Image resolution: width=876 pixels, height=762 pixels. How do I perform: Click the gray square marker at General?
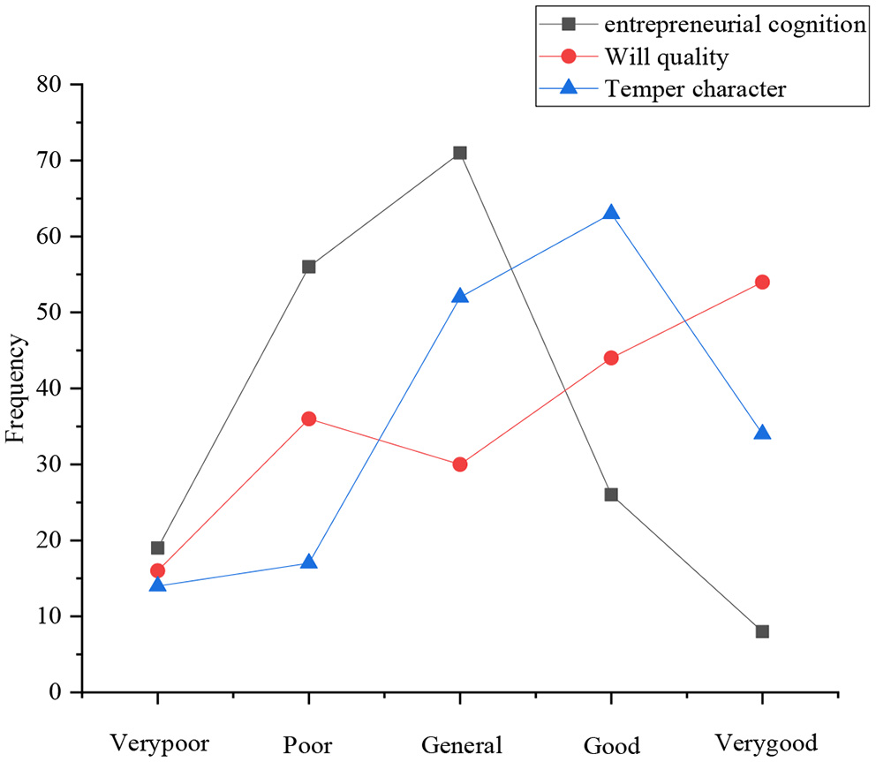click(459, 153)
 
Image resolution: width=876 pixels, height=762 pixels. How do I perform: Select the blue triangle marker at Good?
click(611, 213)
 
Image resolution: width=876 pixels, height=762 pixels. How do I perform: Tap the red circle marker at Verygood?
click(762, 282)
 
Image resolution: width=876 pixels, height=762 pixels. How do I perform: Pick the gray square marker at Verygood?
click(762, 631)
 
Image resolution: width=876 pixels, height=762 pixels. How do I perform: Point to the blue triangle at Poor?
click(308, 562)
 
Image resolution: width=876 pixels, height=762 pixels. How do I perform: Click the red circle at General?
click(459, 464)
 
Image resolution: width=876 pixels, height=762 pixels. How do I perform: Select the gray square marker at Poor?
click(308, 267)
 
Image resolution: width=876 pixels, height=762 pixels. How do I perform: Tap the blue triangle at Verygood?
click(762, 434)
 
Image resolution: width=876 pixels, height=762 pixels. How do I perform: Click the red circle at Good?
click(611, 358)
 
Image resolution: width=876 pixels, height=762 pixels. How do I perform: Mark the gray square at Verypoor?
click(157, 547)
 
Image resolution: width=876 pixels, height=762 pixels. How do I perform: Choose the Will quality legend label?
click(666, 57)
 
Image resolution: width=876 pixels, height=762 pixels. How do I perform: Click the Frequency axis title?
click(16, 388)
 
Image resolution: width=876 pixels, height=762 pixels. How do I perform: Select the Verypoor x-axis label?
click(159, 743)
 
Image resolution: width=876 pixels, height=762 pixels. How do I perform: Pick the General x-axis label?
click(462, 743)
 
